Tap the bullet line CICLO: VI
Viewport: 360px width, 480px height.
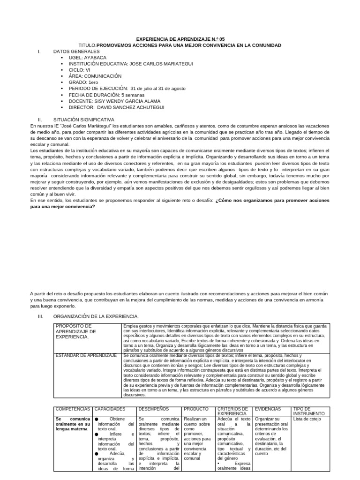pyautogui.click(x=80, y=70)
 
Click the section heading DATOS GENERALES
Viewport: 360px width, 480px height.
pyautogui.click(x=76, y=51)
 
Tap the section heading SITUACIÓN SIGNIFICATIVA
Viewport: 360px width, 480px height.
pyautogui.click(x=83, y=120)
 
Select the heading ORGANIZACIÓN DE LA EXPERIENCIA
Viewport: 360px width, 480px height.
pyautogui.click(x=96, y=316)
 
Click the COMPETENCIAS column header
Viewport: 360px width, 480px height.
pyautogui.click(x=72, y=409)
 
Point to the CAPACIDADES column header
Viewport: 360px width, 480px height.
pyautogui.click(x=110, y=409)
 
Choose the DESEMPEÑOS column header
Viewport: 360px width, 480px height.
pyautogui.click(x=154, y=409)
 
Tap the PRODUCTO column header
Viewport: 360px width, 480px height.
pyautogui.click(x=196, y=409)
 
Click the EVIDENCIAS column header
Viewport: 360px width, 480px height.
pyautogui.click(x=268, y=409)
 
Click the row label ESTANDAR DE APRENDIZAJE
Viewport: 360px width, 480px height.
pyautogui.click(x=86, y=355)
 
